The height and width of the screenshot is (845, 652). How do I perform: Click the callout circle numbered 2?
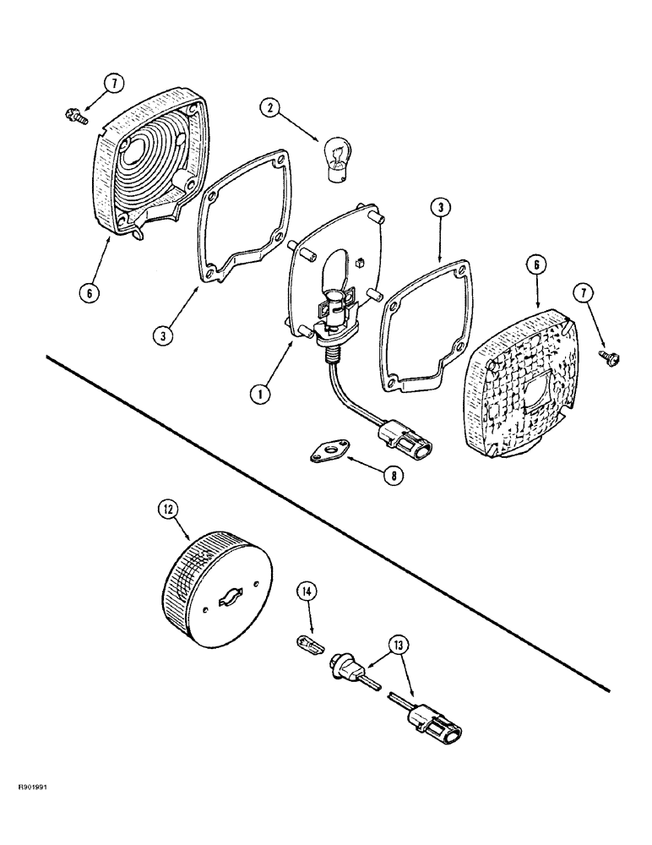(x=271, y=107)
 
